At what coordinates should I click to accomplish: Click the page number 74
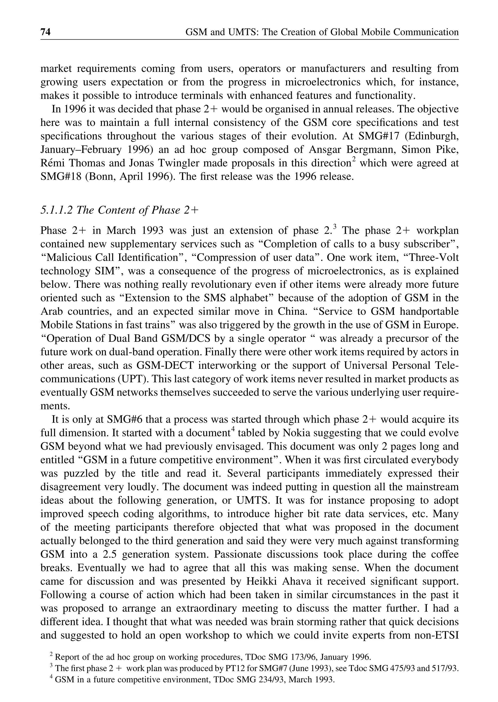point(45,32)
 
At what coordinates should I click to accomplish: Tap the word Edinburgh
point(433,136)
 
